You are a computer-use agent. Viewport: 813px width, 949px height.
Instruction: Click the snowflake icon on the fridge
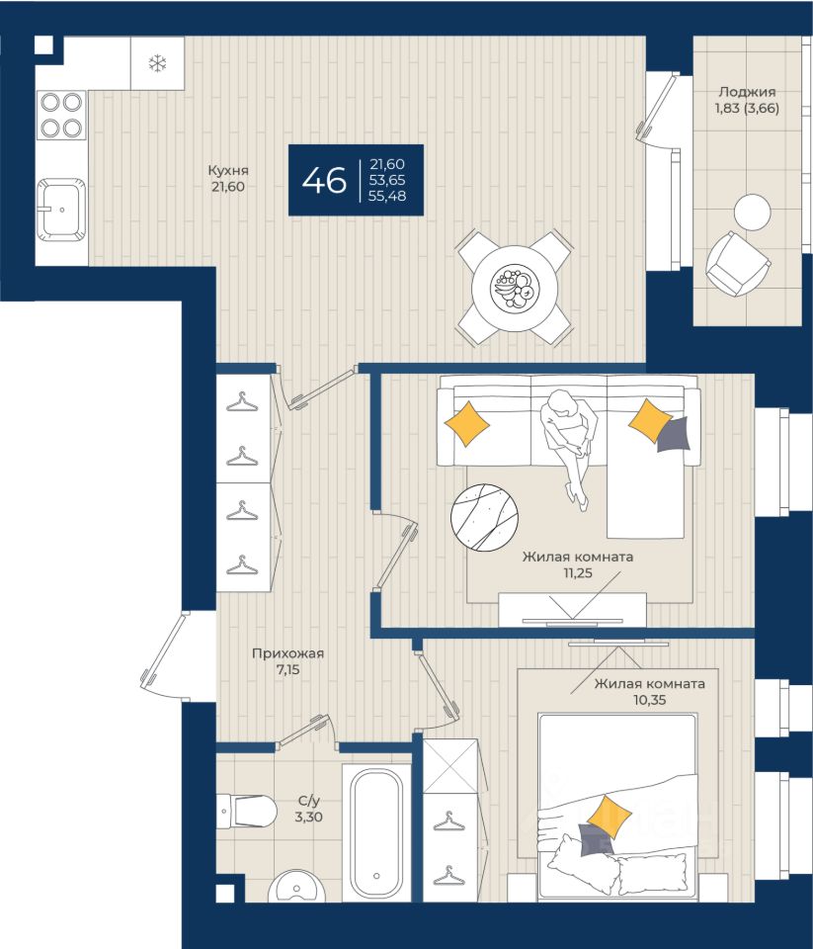coord(157,63)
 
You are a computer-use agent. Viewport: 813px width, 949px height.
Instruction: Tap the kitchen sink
coord(61,210)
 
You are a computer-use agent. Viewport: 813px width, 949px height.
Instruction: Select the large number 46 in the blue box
coord(324,180)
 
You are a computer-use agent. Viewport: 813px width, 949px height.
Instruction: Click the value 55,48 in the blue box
coord(387,196)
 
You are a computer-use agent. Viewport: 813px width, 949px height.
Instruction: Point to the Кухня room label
coord(228,171)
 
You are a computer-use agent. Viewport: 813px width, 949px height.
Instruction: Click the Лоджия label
coord(747,92)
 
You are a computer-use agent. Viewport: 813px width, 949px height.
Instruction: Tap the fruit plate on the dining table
coord(514,287)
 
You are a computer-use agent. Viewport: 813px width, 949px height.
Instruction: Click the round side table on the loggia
coord(753,212)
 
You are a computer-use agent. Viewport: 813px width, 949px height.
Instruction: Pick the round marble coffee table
coord(484,516)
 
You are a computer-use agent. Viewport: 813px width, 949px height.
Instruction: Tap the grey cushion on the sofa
coord(674,434)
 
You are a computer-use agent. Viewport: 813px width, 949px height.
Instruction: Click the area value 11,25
coord(578,572)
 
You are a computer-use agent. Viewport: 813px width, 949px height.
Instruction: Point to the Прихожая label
coord(287,653)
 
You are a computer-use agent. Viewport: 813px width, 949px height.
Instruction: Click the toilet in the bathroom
coord(247,810)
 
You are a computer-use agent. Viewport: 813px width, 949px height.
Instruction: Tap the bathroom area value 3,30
coord(308,818)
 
